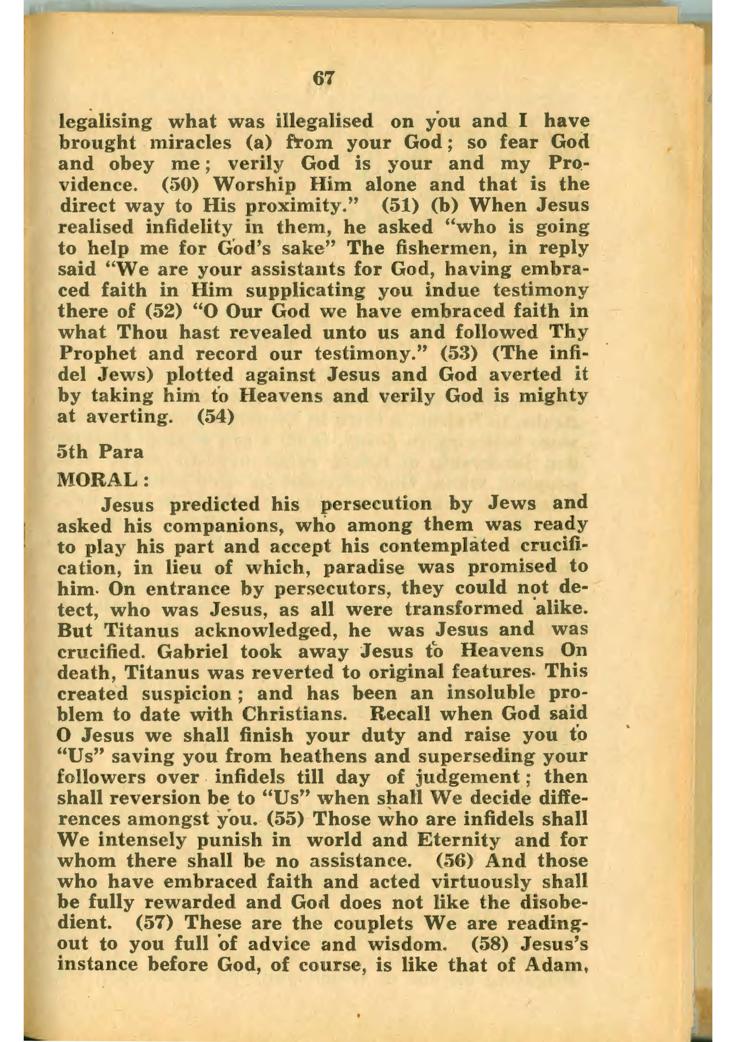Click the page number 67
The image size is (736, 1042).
pyautogui.click(x=323, y=79)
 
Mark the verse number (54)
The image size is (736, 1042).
pyautogui.click(x=216, y=417)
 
